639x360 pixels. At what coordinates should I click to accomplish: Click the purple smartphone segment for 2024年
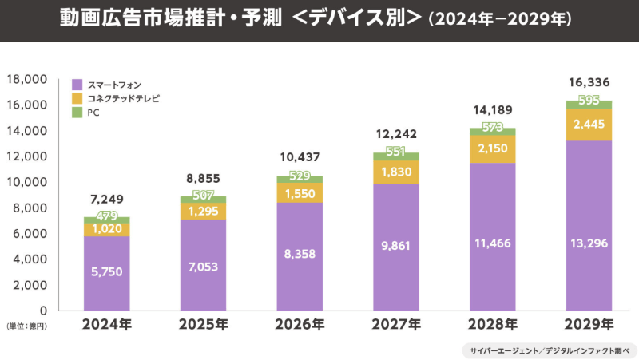click(106, 273)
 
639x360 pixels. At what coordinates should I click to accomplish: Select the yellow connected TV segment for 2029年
click(589, 124)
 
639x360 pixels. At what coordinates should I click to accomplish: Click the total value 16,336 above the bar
click(589, 81)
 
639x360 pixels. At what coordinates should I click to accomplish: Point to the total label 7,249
click(106, 198)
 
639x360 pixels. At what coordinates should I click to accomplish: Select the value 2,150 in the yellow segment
click(492, 149)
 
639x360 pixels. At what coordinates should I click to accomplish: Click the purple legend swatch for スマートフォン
click(77, 84)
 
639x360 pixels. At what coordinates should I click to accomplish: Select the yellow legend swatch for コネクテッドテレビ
click(77, 98)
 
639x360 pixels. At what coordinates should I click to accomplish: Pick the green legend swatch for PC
click(77, 113)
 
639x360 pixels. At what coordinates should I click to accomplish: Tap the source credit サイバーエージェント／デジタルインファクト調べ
click(549, 350)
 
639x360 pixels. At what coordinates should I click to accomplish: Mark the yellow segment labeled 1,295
click(203, 211)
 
